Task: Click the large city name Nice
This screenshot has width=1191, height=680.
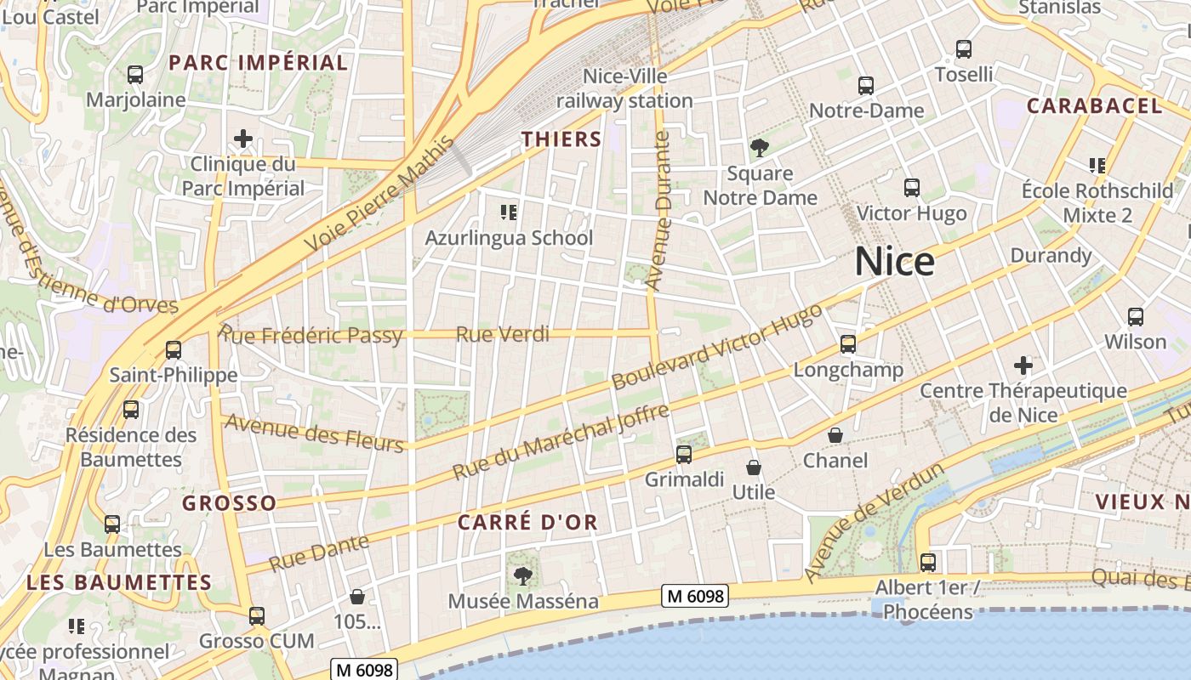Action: pos(894,261)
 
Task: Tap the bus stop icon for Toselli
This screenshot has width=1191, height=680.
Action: pos(963,49)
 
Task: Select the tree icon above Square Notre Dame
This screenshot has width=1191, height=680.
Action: pos(759,148)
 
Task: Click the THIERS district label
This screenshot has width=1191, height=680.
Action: pos(561,139)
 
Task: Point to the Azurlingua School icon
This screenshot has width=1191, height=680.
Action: pos(509,212)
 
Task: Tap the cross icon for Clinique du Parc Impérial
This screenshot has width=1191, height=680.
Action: pos(243,138)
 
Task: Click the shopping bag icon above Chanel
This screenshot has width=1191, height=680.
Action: pos(835,435)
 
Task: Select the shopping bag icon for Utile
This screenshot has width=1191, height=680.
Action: pos(753,467)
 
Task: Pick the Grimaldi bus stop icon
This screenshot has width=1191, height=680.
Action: pos(683,455)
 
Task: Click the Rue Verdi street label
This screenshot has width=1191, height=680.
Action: pos(503,335)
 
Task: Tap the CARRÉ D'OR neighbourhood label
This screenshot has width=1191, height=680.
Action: pos(527,523)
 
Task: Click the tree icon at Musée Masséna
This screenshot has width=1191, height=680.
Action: pos(522,576)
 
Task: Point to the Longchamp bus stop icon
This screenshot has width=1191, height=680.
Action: pos(847,344)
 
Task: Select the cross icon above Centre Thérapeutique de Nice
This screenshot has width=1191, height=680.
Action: pos(1023,366)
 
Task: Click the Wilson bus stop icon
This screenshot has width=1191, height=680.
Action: pos(1135,317)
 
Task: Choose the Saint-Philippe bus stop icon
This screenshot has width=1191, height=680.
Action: pos(174,349)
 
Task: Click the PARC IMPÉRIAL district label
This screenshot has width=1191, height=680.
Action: pos(258,63)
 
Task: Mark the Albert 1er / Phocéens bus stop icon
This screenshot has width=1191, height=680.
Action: pos(927,563)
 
